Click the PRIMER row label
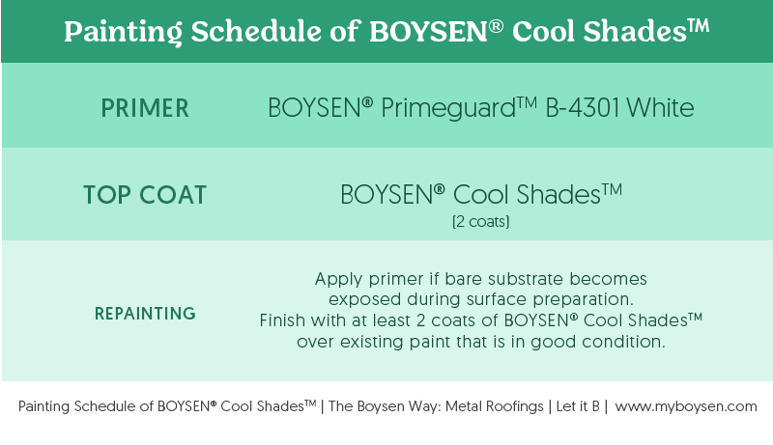(x=145, y=108)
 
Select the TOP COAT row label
(x=145, y=195)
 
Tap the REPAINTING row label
(x=146, y=314)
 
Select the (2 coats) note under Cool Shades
(x=480, y=221)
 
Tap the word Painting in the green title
(x=124, y=33)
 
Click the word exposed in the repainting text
(x=365, y=300)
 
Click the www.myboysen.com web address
(x=686, y=406)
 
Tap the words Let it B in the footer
(x=578, y=406)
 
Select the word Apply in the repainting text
(x=339, y=280)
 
